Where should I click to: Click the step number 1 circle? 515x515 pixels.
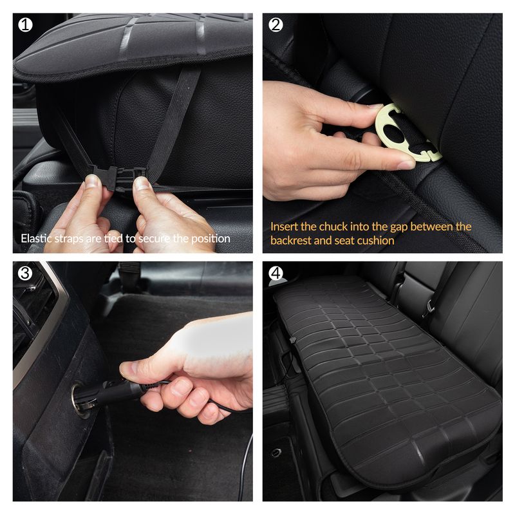coord(24,25)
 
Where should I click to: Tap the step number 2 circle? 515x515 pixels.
coord(276,25)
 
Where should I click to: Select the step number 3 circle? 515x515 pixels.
coord(24,273)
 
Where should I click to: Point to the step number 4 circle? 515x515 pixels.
coord(276,273)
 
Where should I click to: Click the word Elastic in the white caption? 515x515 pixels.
coord(37,239)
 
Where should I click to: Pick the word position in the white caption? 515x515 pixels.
coord(210,239)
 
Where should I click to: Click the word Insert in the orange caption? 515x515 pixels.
coord(284,227)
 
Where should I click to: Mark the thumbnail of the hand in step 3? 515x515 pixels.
coord(129,370)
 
